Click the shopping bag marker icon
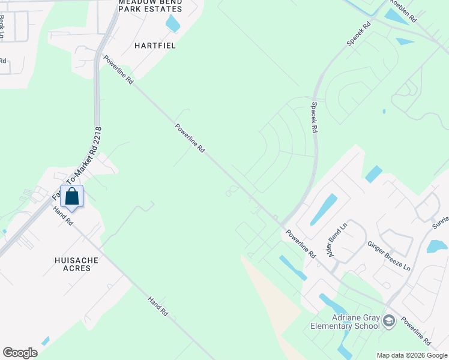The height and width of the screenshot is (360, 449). coord(71,197)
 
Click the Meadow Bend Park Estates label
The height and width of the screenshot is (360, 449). coord(149,5)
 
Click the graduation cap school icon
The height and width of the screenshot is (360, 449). coord(388,322)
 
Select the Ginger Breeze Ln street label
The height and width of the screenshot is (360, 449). coord(388,256)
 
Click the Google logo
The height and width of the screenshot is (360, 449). coord(20,353)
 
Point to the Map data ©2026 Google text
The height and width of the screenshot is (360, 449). coord(412,355)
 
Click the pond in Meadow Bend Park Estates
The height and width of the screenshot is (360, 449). coord(173,23)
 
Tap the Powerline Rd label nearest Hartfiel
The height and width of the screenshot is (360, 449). coord(118,70)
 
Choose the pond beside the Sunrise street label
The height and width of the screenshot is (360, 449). coord(437,246)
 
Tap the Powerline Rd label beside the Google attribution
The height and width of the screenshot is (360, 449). coord(415,331)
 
